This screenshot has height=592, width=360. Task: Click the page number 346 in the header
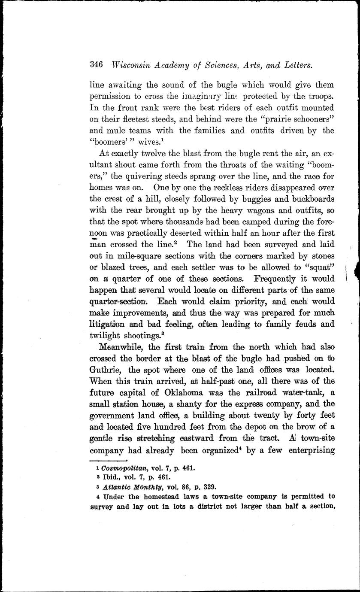[x=97, y=65]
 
